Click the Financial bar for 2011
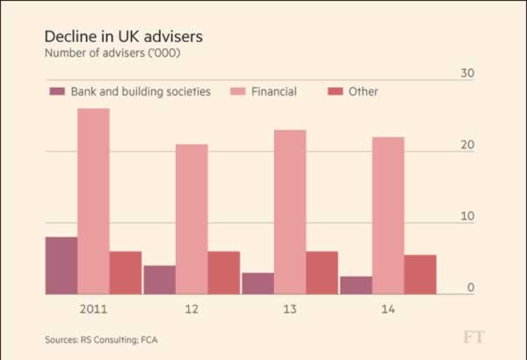pos(93,201)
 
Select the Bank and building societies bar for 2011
pos(61,265)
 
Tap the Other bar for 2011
pos(125,272)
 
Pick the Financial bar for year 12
pos(191,219)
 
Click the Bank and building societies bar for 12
pos(159,279)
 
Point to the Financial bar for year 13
pos(290,212)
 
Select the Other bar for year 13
pos(322,272)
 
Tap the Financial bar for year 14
pos(388,215)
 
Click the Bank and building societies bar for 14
pos(356,285)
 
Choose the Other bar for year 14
pos(421,274)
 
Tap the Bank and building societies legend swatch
pos(58,91)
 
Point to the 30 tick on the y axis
pos(467,73)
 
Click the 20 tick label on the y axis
pos(467,145)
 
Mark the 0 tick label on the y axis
pos(471,287)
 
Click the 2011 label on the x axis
pos(93,309)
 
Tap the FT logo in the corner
pos(475,337)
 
